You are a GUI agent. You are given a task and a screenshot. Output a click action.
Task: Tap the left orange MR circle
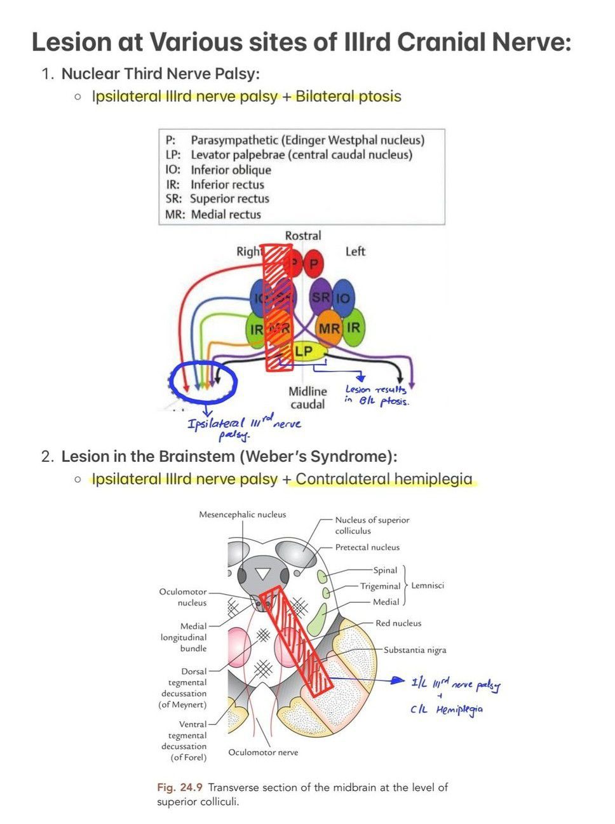coord(328,328)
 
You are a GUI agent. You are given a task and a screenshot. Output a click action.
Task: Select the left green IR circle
coord(354,327)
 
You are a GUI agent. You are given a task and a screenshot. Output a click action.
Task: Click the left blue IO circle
coord(343,297)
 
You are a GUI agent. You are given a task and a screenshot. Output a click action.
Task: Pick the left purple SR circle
coord(321,297)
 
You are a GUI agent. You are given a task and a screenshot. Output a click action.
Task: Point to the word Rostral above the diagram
coord(303,236)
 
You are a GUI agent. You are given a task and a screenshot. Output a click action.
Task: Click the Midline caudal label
coord(307,398)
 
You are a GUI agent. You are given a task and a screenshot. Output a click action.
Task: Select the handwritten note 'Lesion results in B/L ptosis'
coord(376,395)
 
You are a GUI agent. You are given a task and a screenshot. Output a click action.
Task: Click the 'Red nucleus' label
coord(398,623)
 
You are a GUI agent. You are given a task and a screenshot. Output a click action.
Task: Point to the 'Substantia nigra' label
coord(415,650)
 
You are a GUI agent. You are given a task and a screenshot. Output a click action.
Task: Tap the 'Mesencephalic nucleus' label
coord(242,515)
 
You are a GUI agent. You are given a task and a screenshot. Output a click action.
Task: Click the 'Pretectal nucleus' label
coord(367,547)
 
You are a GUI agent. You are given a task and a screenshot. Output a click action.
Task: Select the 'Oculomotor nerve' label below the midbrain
coord(263,752)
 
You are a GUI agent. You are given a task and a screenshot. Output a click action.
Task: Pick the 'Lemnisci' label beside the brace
coord(428,585)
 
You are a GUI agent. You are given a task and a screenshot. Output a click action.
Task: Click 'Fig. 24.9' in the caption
coord(180,787)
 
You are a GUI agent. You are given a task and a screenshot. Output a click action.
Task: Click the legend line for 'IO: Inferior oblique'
coord(218,170)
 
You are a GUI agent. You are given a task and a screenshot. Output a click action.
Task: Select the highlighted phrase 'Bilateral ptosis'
coord(348,97)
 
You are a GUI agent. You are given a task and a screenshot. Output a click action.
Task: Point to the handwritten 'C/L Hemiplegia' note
coord(446,710)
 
